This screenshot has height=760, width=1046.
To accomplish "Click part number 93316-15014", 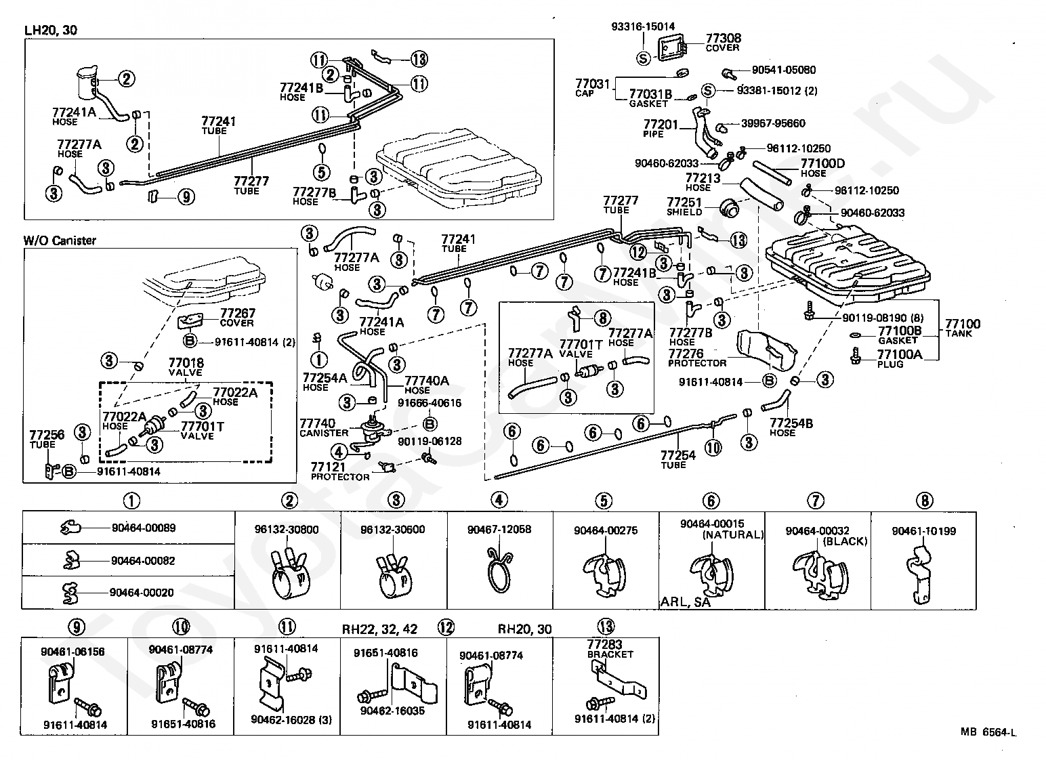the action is pyautogui.click(x=643, y=26).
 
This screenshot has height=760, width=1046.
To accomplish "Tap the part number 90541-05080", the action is pyautogui.click(x=784, y=70).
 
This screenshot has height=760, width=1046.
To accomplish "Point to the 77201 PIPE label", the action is pyautogui.click(x=661, y=129).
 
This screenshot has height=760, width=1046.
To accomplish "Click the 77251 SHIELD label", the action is pyautogui.click(x=684, y=207).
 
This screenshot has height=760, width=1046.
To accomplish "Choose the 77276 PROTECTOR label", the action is pyautogui.click(x=697, y=358).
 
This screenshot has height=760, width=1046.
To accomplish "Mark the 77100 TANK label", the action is pyautogui.click(x=963, y=328).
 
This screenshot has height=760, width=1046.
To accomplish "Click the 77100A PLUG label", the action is pyautogui.click(x=900, y=358).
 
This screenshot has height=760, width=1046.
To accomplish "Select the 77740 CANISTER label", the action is pyautogui.click(x=324, y=427).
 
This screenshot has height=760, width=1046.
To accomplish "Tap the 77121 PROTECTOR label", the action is pyautogui.click(x=340, y=471).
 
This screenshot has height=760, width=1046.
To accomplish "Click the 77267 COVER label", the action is pyautogui.click(x=238, y=318).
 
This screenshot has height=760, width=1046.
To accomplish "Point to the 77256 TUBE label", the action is pyautogui.click(x=47, y=440).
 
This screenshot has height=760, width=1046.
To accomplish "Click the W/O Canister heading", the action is pyautogui.click(x=60, y=240).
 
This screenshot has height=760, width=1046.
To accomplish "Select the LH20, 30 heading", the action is pyautogui.click(x=50, y=30).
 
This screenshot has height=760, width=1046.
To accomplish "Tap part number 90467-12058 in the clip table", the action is pyautogui.click(x=499, y=529).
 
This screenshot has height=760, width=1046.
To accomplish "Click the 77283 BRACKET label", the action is pyautogui.click(x=610, y=650).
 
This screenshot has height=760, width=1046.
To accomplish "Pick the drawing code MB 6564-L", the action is pyautogui.click(x=988, y=732).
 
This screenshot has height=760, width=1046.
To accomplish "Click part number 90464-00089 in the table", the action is pyautogui.click(x=144, y=528).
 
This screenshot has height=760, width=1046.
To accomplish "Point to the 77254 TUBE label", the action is pyautogui.click(x=677, y=459).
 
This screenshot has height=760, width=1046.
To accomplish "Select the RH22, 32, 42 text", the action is pyautogui.click(x=379, y=629).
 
